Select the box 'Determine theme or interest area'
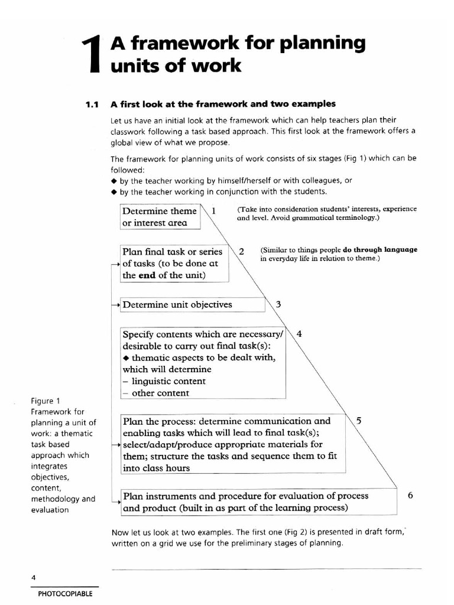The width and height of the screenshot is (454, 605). tap(159, 217)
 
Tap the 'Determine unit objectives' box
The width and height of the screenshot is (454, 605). tap(177, 305)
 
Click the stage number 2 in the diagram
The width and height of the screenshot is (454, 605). tap(241, 251)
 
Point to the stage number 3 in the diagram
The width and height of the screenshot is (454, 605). tap(278, 305)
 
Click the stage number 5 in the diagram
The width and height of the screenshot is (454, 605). tap(359, 421)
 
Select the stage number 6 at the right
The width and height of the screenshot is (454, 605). tap(411, 496)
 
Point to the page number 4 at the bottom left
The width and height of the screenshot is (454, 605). tap(34, 577)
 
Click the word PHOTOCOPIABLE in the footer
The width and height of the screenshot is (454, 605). tap(65, 594)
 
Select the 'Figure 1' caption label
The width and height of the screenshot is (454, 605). tap(45, 401)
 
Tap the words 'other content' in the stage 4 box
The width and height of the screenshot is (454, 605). tap(160, 393)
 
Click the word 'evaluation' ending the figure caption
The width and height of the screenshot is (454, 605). tap(50, 510)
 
